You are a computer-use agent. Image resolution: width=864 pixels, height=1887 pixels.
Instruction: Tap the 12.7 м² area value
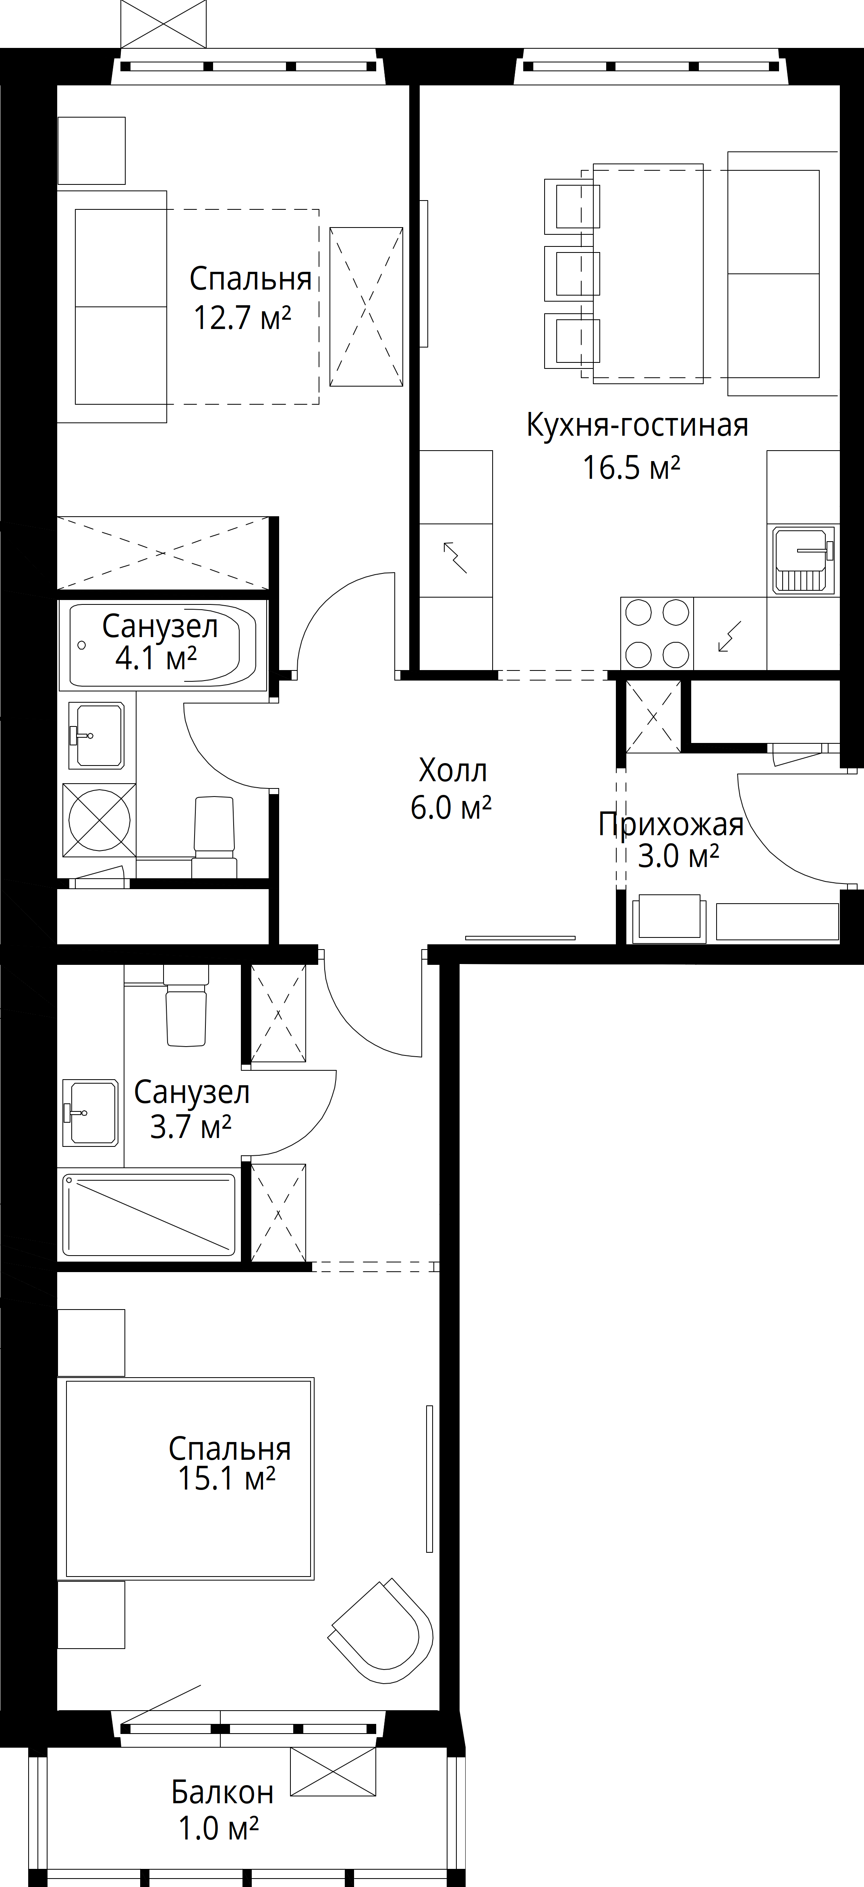pyautogui.click(x=242, y=319)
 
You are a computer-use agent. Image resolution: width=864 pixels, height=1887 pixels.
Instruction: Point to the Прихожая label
pyautogui.click(x=671, y=825)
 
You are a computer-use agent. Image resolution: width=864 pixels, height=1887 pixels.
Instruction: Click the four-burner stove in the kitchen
pyautogui.click(x=657, y=634)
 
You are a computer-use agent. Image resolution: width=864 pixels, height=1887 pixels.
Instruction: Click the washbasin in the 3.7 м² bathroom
pyautogui.click(x=90, y=1112)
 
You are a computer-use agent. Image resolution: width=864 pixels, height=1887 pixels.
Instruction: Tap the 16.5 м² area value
pyautogui.click(x=631, y=468)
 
